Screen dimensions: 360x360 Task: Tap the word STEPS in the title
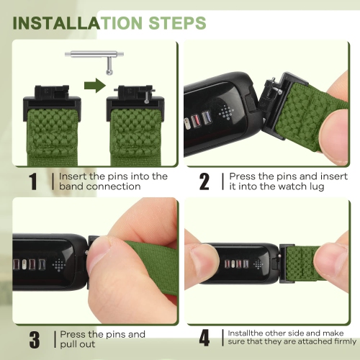pos(177,23)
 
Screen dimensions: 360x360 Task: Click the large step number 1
pos(33,181)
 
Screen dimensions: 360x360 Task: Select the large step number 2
pos(204,181)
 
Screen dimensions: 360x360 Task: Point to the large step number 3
pos(35,340)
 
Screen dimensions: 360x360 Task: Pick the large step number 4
pos(204,338)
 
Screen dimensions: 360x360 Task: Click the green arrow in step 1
pos(95,85)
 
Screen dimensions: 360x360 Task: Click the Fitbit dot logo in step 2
pos(226,112)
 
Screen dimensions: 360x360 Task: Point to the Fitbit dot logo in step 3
pos(59,265)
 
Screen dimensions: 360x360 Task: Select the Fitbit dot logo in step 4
pos(258,264)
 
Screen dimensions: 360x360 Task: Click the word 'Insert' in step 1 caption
pos(73,176)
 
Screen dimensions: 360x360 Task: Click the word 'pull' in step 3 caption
pos(68,345)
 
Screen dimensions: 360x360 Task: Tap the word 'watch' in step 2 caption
pos(292,186)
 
